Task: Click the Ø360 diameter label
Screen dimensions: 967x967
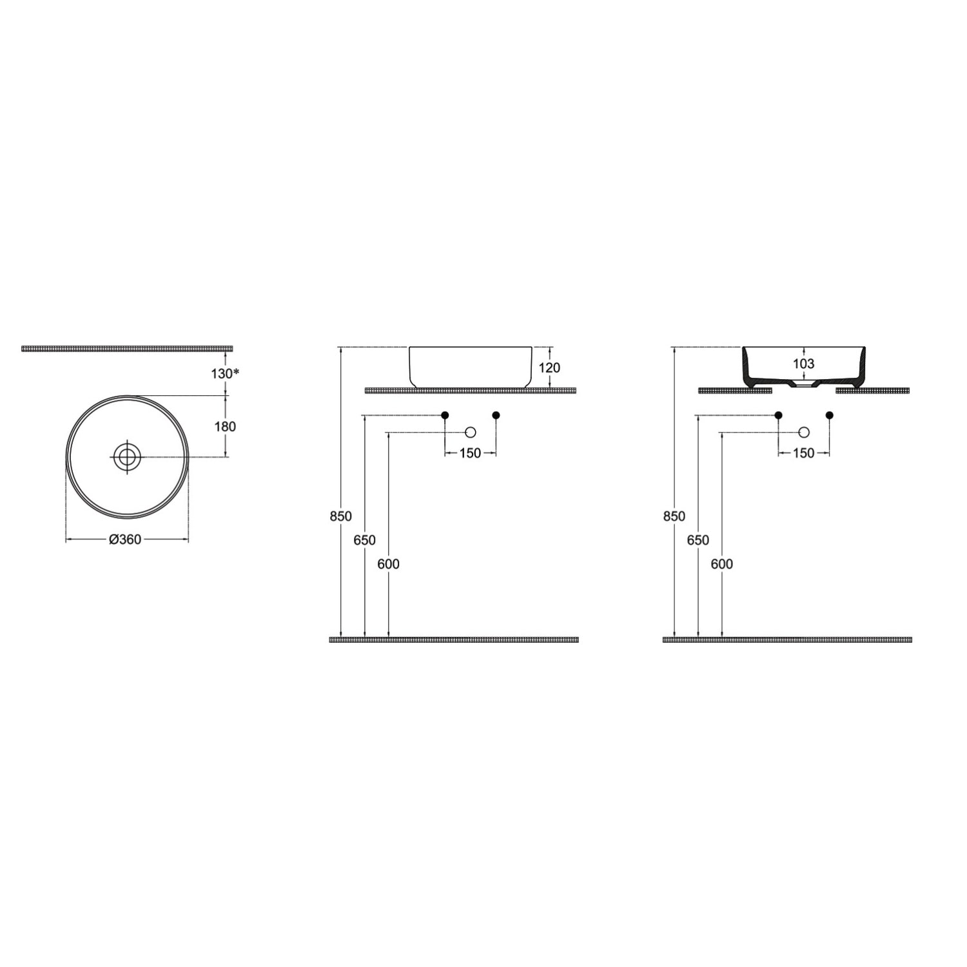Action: (x=126, y=540)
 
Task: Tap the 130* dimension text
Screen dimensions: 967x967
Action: (x=226, y=373)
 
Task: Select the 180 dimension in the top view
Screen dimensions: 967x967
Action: (x=225, y=426)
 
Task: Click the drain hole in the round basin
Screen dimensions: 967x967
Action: (x=127, y=457)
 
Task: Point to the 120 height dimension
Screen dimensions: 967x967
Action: (x=549, y=367)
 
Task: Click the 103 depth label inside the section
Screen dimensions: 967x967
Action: (x=803, y=364)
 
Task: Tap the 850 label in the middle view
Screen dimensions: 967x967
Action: (x=341, y=516)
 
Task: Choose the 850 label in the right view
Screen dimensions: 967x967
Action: (x=674, y=516)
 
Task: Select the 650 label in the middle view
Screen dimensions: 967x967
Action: (x=365, y=540)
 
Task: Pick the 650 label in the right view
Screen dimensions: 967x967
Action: (x=698, y=540)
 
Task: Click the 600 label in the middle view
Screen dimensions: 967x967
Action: (x=388, y=564)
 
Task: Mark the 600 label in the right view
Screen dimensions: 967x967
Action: (x=721, y=564)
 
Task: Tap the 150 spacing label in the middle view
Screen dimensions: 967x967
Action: (x=471, y=453)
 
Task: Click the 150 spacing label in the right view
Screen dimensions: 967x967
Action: (x=804, y=453)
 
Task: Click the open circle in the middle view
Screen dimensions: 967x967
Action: (x=471, y=432)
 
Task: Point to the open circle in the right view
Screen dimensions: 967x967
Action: (x=804, y=432)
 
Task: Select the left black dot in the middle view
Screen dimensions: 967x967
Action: (x=445, y=415)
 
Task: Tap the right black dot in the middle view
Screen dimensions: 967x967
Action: (x=496, y=415)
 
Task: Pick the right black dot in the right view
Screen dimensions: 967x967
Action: (x=829, y=415)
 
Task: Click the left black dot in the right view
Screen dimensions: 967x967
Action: (x=779, y=415)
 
